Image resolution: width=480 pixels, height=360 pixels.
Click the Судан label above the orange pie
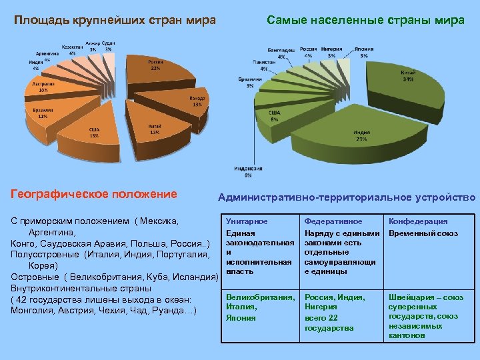[x=108, y=43]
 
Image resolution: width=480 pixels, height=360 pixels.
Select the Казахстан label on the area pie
[x=73, y=47]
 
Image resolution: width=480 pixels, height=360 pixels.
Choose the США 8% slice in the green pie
[x=275, y=117]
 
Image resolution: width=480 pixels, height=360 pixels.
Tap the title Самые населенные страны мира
[x=365, y=20]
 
